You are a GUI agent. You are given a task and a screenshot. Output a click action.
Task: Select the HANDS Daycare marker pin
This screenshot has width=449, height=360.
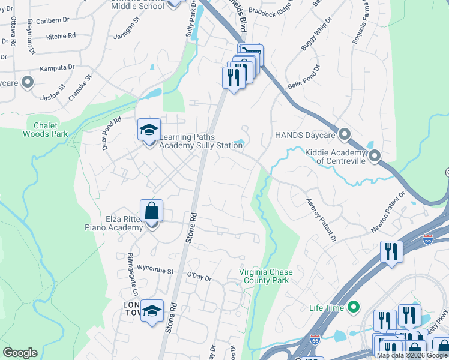(345, 134)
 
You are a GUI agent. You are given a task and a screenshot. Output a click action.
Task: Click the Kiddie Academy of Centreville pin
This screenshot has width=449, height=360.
(375, 157)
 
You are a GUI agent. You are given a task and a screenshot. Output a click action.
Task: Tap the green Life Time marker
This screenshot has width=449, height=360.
(354, 308)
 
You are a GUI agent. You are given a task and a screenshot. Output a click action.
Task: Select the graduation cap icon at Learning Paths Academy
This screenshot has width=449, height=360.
(149, 129)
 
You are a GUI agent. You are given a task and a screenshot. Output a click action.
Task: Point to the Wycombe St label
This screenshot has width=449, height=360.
(154, 271)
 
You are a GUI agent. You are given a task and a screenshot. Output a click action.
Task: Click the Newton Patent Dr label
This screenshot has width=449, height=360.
(388, 211)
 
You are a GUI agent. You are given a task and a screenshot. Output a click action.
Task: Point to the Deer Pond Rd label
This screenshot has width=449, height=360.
(112, 133)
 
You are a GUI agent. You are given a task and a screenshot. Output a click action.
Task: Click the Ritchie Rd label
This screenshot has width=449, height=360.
(61, 37)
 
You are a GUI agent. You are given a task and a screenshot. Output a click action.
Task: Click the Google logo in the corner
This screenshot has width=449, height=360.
(20, 353)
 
